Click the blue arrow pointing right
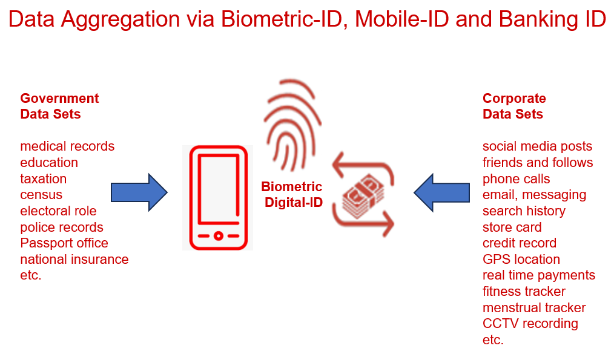pos(139,192)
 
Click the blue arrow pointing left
pos(441,192)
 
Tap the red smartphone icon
pos(219,198)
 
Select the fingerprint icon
pos(292,125)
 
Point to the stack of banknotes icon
pos(363,195)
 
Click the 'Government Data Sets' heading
pos(59,106)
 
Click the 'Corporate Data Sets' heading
pos(514,106)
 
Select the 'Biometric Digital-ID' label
pos(292,194)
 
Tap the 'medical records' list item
pos(67,146)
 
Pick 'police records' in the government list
pos(62,227)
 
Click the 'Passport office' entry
pos(64,243)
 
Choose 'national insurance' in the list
pos(74,260)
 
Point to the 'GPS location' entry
pos(521,260)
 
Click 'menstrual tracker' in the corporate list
pos(534,308)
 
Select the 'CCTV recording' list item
pos(530,324)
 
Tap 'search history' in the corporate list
pos(524,211)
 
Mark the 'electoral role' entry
pos(58,211)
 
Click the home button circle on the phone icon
pos(219,236)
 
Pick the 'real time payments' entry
pos(539,275)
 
